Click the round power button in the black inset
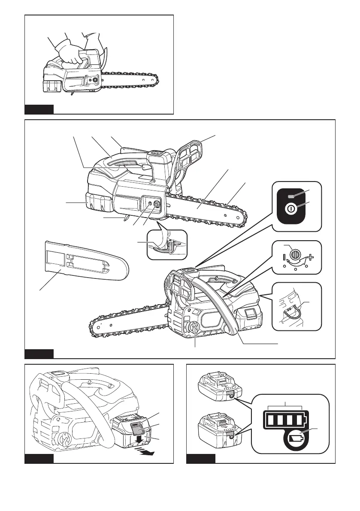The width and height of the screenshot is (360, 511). tap(291, 210)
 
